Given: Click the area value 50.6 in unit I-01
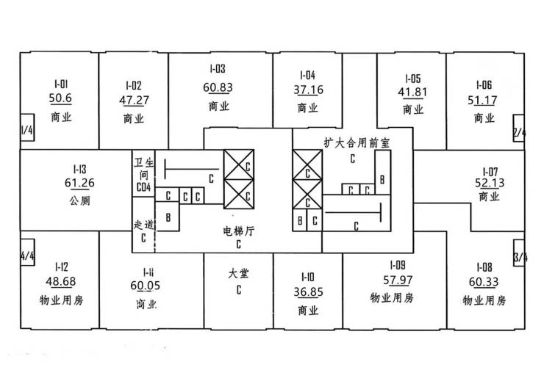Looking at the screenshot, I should (60, 99).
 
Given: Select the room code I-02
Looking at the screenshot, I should (134, 84).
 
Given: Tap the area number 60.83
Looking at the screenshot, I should (218, 87).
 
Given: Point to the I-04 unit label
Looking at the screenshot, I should (308, 75).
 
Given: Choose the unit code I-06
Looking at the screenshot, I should (483, 84).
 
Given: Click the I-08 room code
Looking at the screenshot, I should (484, 267).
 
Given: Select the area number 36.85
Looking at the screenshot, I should (308, 292).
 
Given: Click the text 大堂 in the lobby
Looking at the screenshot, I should (239, 274).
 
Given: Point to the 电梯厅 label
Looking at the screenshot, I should (239, 231).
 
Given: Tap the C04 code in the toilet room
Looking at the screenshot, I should (143, 187).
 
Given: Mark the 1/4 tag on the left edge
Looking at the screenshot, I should (28, 131).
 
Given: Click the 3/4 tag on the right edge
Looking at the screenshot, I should (520, 257).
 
